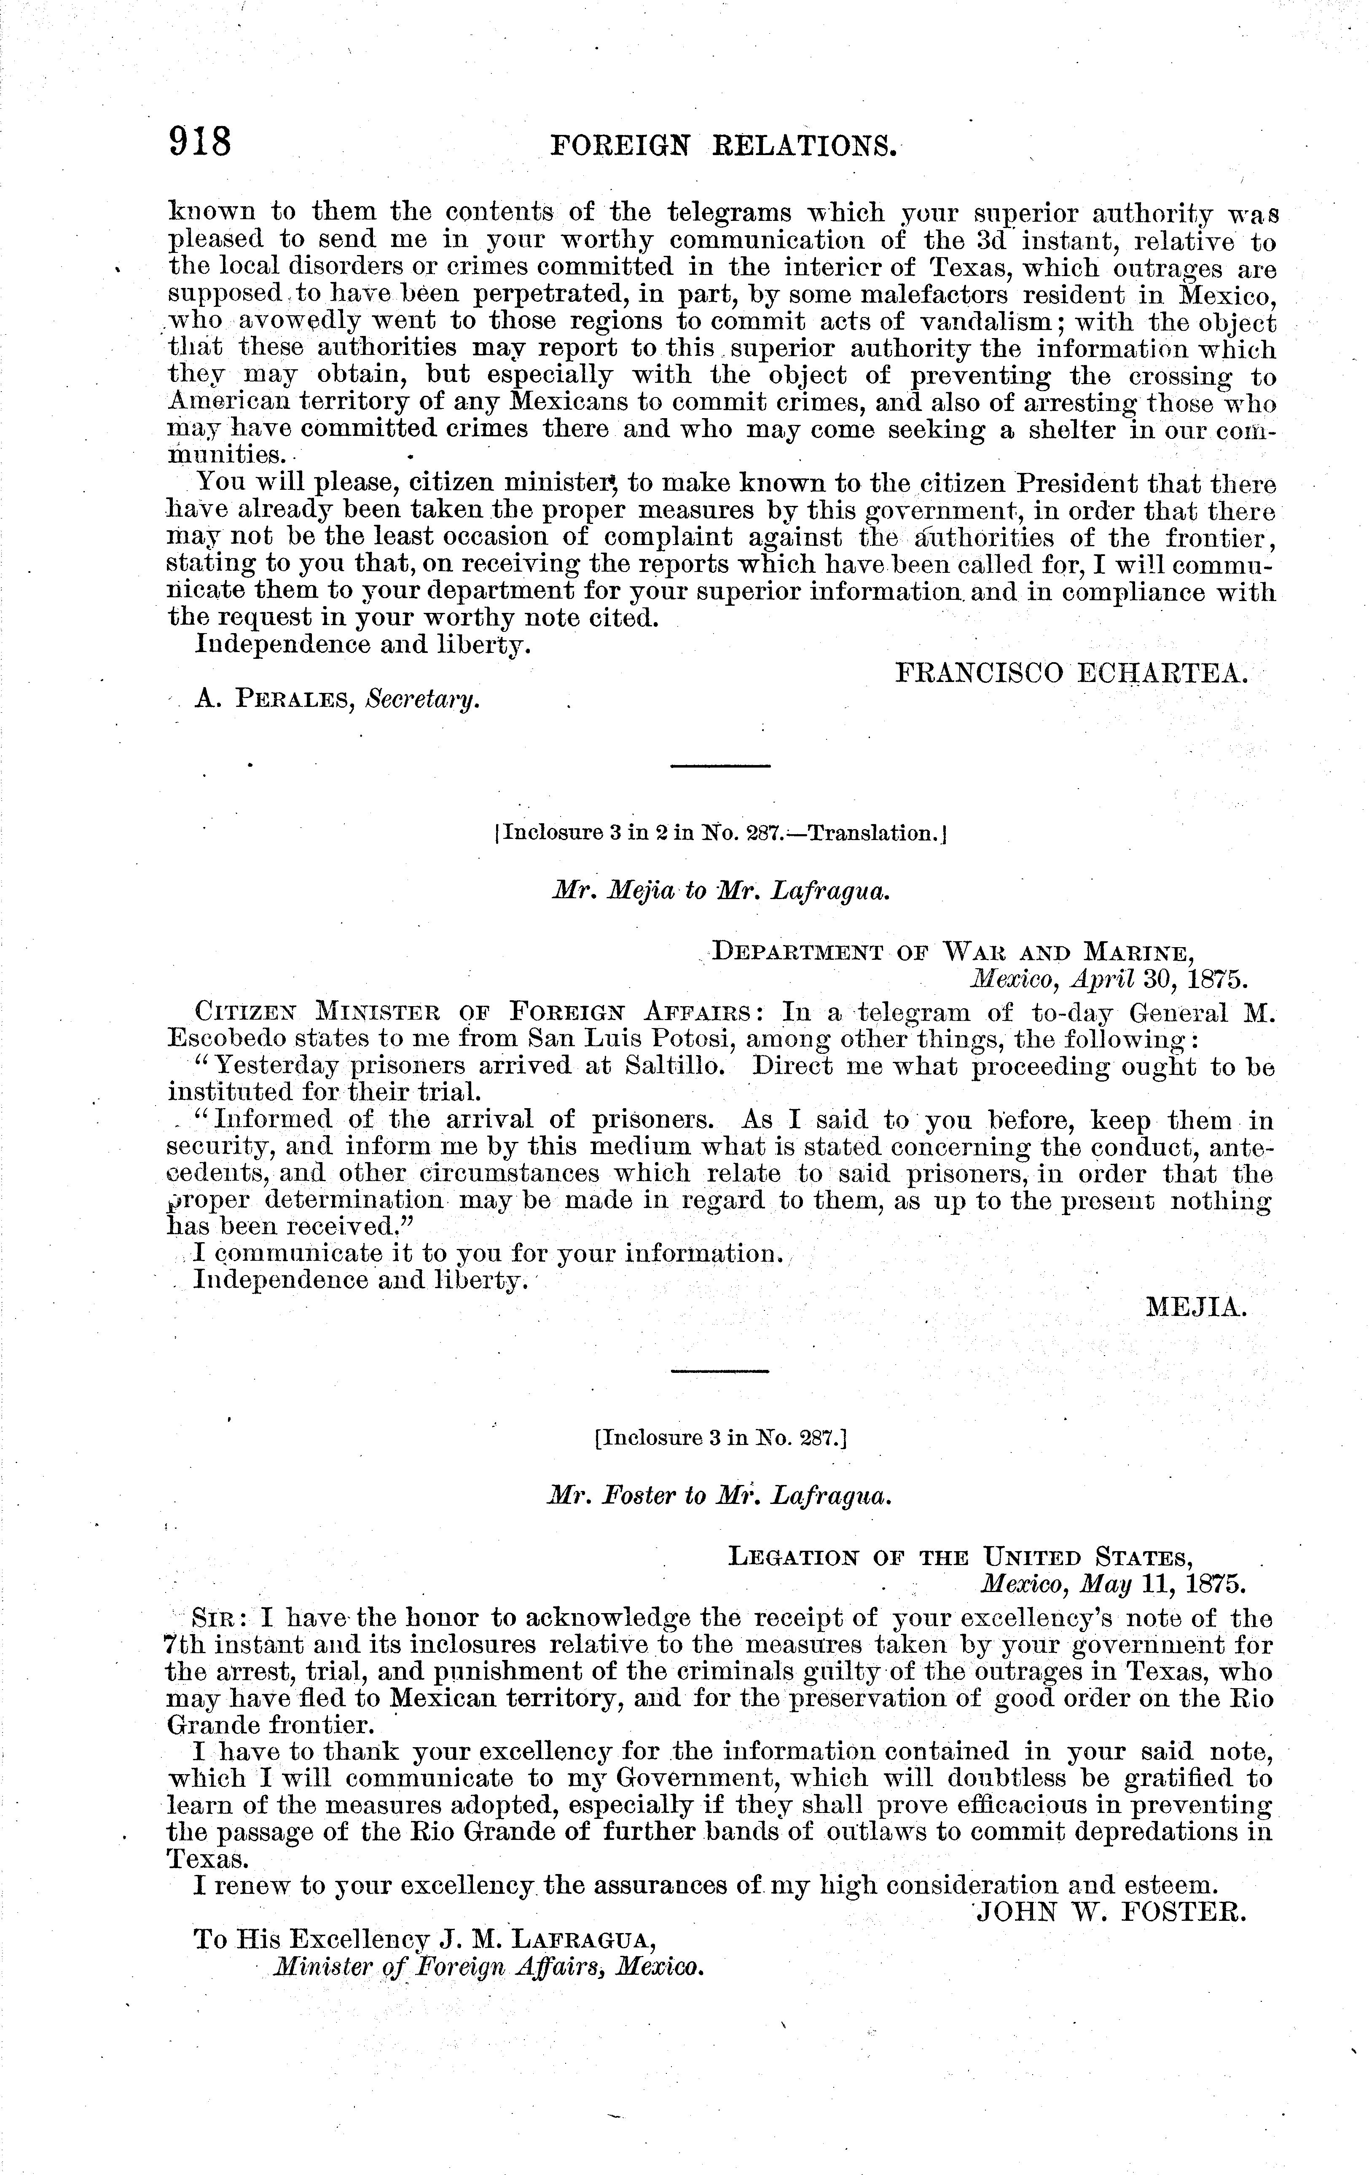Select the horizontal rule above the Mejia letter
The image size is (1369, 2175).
[x=720, y=767]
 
